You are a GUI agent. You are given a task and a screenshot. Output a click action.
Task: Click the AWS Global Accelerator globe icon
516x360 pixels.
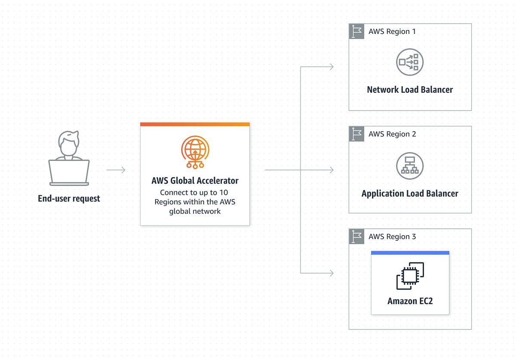click(x=195, y=151)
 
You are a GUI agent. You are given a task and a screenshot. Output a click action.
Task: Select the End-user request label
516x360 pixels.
click(x=69, y=199)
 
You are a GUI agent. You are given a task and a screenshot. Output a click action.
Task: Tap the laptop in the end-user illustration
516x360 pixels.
click(x=69, y=172)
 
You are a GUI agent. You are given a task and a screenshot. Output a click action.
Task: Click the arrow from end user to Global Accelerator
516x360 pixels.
click(x=116, y=170)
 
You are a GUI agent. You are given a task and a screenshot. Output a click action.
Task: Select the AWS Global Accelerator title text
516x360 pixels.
click(x=195, y=181)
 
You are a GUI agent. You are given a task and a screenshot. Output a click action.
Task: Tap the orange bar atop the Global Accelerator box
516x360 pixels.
click(x=195, y=124)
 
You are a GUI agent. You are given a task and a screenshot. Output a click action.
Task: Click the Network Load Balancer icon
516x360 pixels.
click(x=409, y=62)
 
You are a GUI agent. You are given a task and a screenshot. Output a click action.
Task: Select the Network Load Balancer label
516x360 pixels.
click(x=409, y=90)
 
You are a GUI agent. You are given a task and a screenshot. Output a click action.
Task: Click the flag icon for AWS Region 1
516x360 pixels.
click(x=356, y=31)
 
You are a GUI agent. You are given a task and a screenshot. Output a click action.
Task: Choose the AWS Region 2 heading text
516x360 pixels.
click(x=392, y=134)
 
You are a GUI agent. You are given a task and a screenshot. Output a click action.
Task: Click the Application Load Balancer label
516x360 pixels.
click(x=409, y=194)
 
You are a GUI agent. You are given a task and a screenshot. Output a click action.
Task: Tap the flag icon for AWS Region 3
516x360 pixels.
click(x=356, y=237)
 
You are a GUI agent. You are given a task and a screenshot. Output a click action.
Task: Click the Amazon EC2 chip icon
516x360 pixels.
click(x=410, y=276)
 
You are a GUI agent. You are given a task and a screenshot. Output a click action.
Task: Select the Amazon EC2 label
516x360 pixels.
click(x=410, y=301)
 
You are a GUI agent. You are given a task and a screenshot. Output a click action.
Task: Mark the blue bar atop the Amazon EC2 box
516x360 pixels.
click(x=410, y=253)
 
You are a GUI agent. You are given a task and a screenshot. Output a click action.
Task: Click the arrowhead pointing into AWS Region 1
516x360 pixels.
click(x=331, y=67)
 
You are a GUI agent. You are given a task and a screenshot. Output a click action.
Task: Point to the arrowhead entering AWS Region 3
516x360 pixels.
click(x=331, y=273)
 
